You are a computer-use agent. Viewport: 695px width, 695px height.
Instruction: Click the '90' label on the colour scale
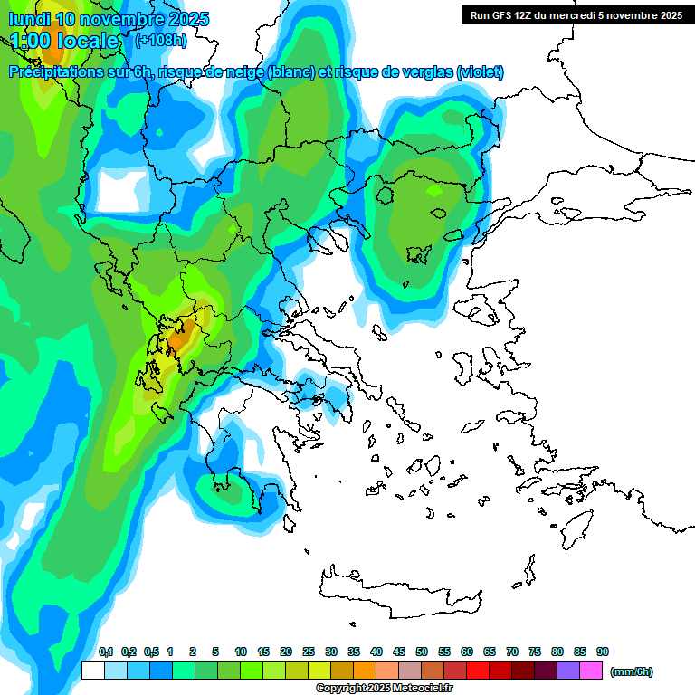[x=602, y=652]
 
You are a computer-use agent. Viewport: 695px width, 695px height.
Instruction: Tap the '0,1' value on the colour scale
[x=105, y=652]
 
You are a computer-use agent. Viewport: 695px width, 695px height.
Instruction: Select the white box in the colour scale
[x=92, y=671]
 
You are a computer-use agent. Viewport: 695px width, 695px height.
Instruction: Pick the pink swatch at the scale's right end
[x=591, y=671]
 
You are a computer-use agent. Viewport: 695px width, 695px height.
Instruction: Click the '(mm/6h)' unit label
[x=632, y=671]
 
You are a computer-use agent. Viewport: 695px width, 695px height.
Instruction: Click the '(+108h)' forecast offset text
[x=160, y=40]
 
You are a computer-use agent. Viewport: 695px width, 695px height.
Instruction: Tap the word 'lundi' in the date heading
[x=29, y=18]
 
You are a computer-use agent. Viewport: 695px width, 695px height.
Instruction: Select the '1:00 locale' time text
[x=65, y=41]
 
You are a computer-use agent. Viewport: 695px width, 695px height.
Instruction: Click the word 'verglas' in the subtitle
[x=424, y=72]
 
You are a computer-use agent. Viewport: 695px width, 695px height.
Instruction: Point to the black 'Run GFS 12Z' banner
[x=575, y=14]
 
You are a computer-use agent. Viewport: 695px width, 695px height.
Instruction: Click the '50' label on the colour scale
[x=422, y=652]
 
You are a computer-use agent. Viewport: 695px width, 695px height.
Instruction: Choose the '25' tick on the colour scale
[x=309, y=652]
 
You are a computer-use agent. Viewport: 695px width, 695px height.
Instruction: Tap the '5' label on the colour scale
[x=215, y=652]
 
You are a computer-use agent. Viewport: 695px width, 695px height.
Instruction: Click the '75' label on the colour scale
[x=535, y=652]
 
